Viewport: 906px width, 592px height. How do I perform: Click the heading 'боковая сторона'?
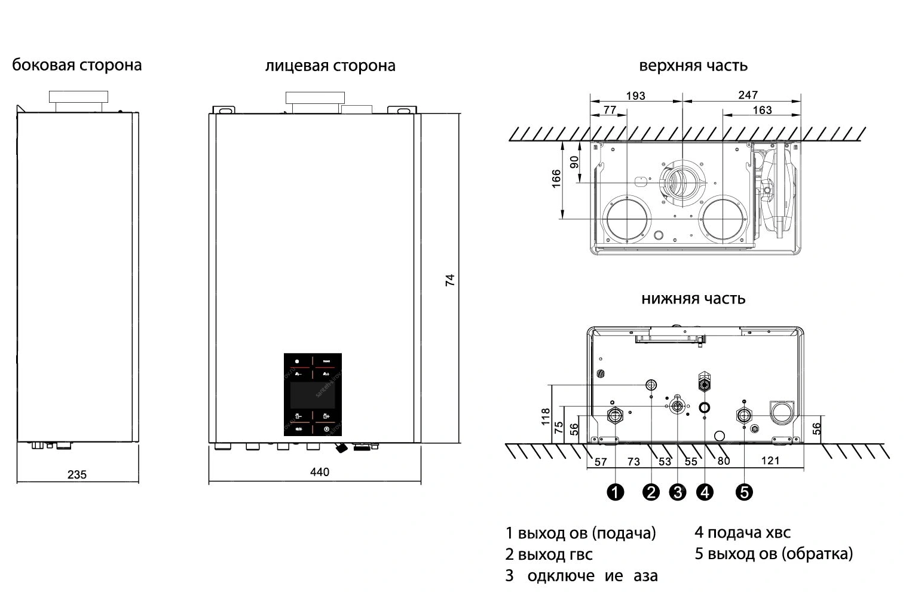(x=77, y=65)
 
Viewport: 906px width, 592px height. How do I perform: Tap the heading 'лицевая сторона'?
(x=330, y=66)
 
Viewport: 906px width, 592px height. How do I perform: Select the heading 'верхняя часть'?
(x=693, y=65)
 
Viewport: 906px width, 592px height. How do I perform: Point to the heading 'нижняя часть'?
(x=693, y=298)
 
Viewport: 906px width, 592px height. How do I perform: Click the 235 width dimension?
(x=77, y=475)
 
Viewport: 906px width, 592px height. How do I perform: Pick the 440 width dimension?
(x=320, y=473)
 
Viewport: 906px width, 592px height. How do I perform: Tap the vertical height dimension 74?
(x=450, y=280)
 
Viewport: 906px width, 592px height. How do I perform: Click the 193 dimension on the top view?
(x=635, y=96)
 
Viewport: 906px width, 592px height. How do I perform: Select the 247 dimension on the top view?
(x=748, y=95)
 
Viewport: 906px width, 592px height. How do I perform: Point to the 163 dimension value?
(x=762, y=110)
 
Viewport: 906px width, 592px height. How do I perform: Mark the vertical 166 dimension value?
(x=556, y=179)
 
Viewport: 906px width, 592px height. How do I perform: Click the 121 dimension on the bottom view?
(x=770, y=461)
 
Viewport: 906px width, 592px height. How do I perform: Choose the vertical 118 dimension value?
(x=545, y=416)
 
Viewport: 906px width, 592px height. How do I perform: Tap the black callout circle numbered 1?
(x=615, y=492)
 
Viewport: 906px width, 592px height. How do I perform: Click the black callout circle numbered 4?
(x=705, y=492)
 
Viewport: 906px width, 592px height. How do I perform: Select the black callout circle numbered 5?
(x=744, y=492)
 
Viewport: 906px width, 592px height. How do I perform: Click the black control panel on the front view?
(x=313, y=394)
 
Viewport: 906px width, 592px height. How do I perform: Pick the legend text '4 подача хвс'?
(x=742, y=532)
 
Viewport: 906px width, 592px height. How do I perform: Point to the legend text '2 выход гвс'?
(x=549, y=554)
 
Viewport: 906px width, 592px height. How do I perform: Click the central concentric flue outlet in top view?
(x=682, y=180)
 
